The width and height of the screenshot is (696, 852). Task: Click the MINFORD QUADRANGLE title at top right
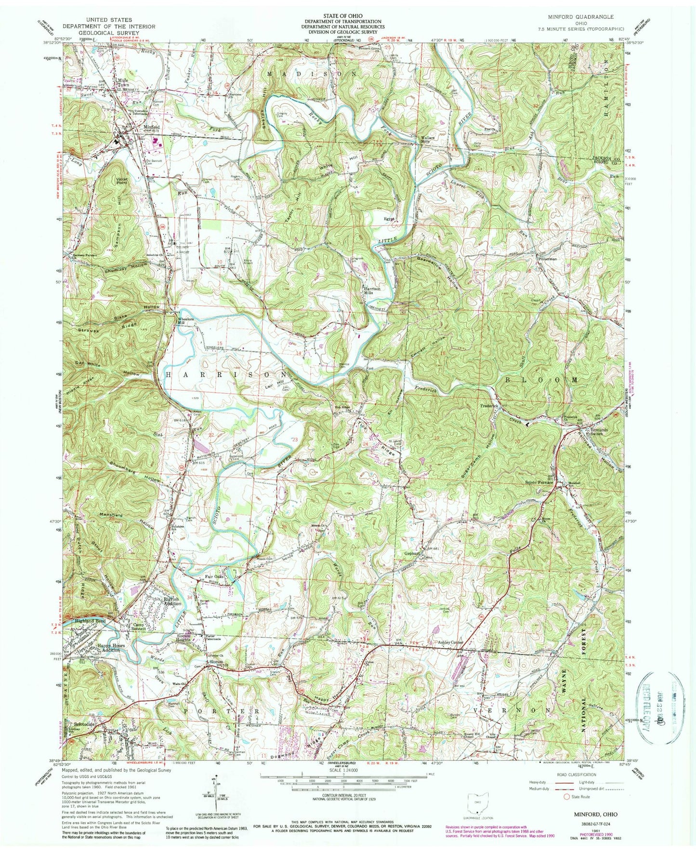587,16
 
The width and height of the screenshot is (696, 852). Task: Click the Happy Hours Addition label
111,647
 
